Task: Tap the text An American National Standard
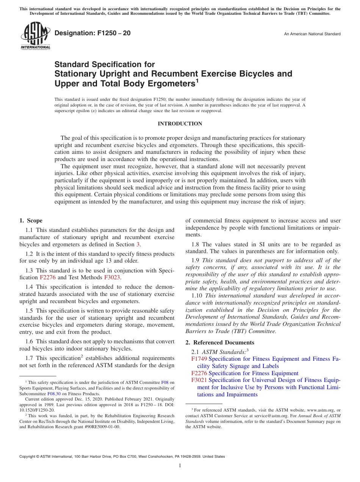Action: coord(312,34)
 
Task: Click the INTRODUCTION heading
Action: coord(180,124)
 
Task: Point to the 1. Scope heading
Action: coord(31,221)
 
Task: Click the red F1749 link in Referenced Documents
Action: coord(199,359)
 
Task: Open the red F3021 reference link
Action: coord(199,380)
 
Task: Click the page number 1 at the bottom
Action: coord(180,466)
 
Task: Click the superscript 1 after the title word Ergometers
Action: coord(197,80)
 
